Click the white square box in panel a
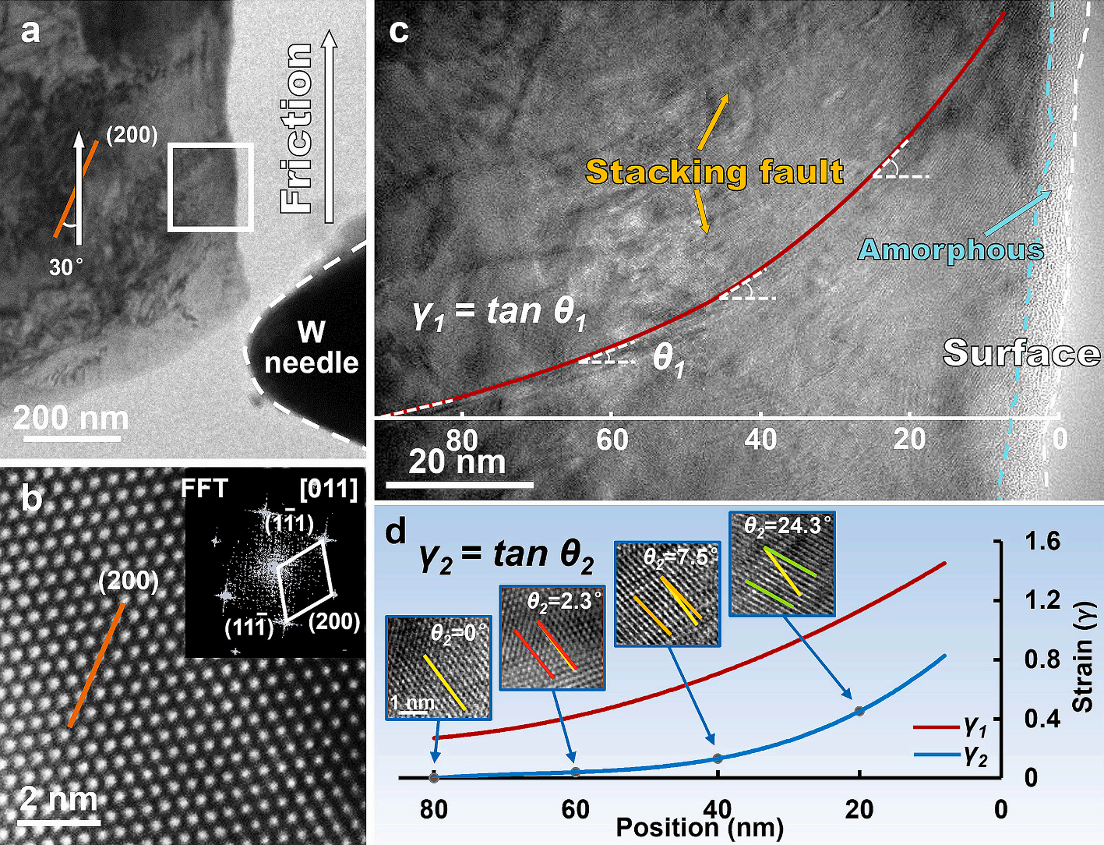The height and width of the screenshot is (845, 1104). click(x=210, y=187)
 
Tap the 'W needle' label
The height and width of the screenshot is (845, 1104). click(x=311, y=348)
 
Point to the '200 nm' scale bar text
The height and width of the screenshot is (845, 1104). click(x=71, y=419)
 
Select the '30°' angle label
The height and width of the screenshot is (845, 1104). click(x=66, y=267)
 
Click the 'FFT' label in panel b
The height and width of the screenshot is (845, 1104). click(x=204, y=489)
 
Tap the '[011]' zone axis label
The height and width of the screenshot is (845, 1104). click(x=328, y=490)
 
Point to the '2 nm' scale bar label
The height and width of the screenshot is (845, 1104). click(x=59, y=800)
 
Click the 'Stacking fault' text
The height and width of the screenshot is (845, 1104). click(x=714, y=171)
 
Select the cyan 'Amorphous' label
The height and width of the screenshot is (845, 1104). click(x=951, y=249)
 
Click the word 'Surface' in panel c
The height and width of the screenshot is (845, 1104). click(x=1021, y=353)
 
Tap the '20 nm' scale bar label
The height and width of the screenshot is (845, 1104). click(x=457, y=462)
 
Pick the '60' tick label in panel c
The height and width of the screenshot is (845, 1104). click(x=612, y=440)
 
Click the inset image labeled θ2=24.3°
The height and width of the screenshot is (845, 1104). click(x=781, y=564)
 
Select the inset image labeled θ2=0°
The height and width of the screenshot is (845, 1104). click(x=438, y=667)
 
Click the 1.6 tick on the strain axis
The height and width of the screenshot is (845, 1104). click(x=1042, y=541)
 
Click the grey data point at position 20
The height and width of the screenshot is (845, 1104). click(x=859, y=711)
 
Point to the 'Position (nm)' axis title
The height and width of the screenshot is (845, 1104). click(x=700, y=828)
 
